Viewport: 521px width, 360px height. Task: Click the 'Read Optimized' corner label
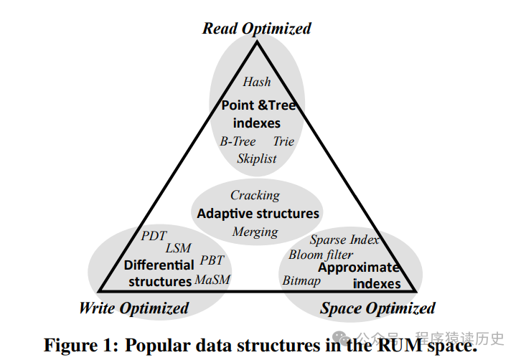click(x=256, y=29)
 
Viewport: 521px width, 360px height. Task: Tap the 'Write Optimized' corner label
click(x=133, y=308)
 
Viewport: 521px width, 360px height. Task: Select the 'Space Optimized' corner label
click(x=377, y=308)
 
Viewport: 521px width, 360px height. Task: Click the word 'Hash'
click(x=256, y=82)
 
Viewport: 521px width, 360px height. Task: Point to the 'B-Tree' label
click(x=238, y=141)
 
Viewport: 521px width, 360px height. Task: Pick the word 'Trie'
click(x=283, y=141)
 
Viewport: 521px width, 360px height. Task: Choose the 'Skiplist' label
click(x=256, y=158)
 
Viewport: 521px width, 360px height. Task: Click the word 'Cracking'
click(x=255, y=195)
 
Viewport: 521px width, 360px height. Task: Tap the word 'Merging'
click(x=255, y=232)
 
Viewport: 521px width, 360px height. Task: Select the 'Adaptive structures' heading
click(x=258, y=214)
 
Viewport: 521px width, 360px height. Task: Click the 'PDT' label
click(x=154, y=235)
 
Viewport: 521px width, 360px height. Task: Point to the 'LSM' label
click(x=178, y=248)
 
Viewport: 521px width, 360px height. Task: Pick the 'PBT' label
click(x=212, y=260)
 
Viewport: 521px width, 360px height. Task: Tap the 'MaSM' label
click(x=212, y=280)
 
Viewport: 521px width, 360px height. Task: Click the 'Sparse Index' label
click(x=344, y=240)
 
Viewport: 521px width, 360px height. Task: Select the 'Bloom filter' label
click(x=321, y=255)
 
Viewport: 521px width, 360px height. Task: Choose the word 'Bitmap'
click(x=301, y=280)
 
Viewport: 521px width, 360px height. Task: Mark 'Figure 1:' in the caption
click(x=78, y=344)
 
